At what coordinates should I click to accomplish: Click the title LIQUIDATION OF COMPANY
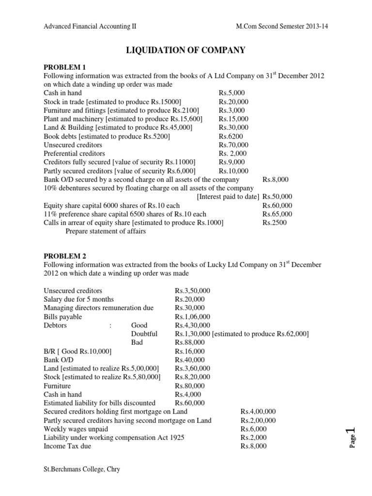click(x=186, y=50)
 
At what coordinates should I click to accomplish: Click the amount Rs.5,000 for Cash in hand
click(x=232, y=93)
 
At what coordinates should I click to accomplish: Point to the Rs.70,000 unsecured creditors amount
click(x=233, y=145)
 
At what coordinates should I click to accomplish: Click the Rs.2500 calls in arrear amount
click(x=274, y=223)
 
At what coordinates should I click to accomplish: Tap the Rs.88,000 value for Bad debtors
click(x=189, y=342)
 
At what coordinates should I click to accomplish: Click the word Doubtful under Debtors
click(x=144, y=334)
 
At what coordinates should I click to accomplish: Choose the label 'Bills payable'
click(x=62, y=317)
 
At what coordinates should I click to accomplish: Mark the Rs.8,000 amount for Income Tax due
click(x=253, y=446)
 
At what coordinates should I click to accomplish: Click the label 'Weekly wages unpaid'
click(x=76, y=429)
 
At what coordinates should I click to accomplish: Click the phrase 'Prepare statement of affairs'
click(x=106, y=232)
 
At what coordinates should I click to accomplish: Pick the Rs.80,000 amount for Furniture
click(x=189, y=386)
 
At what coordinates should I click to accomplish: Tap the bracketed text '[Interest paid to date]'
click(x=228, y=197)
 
